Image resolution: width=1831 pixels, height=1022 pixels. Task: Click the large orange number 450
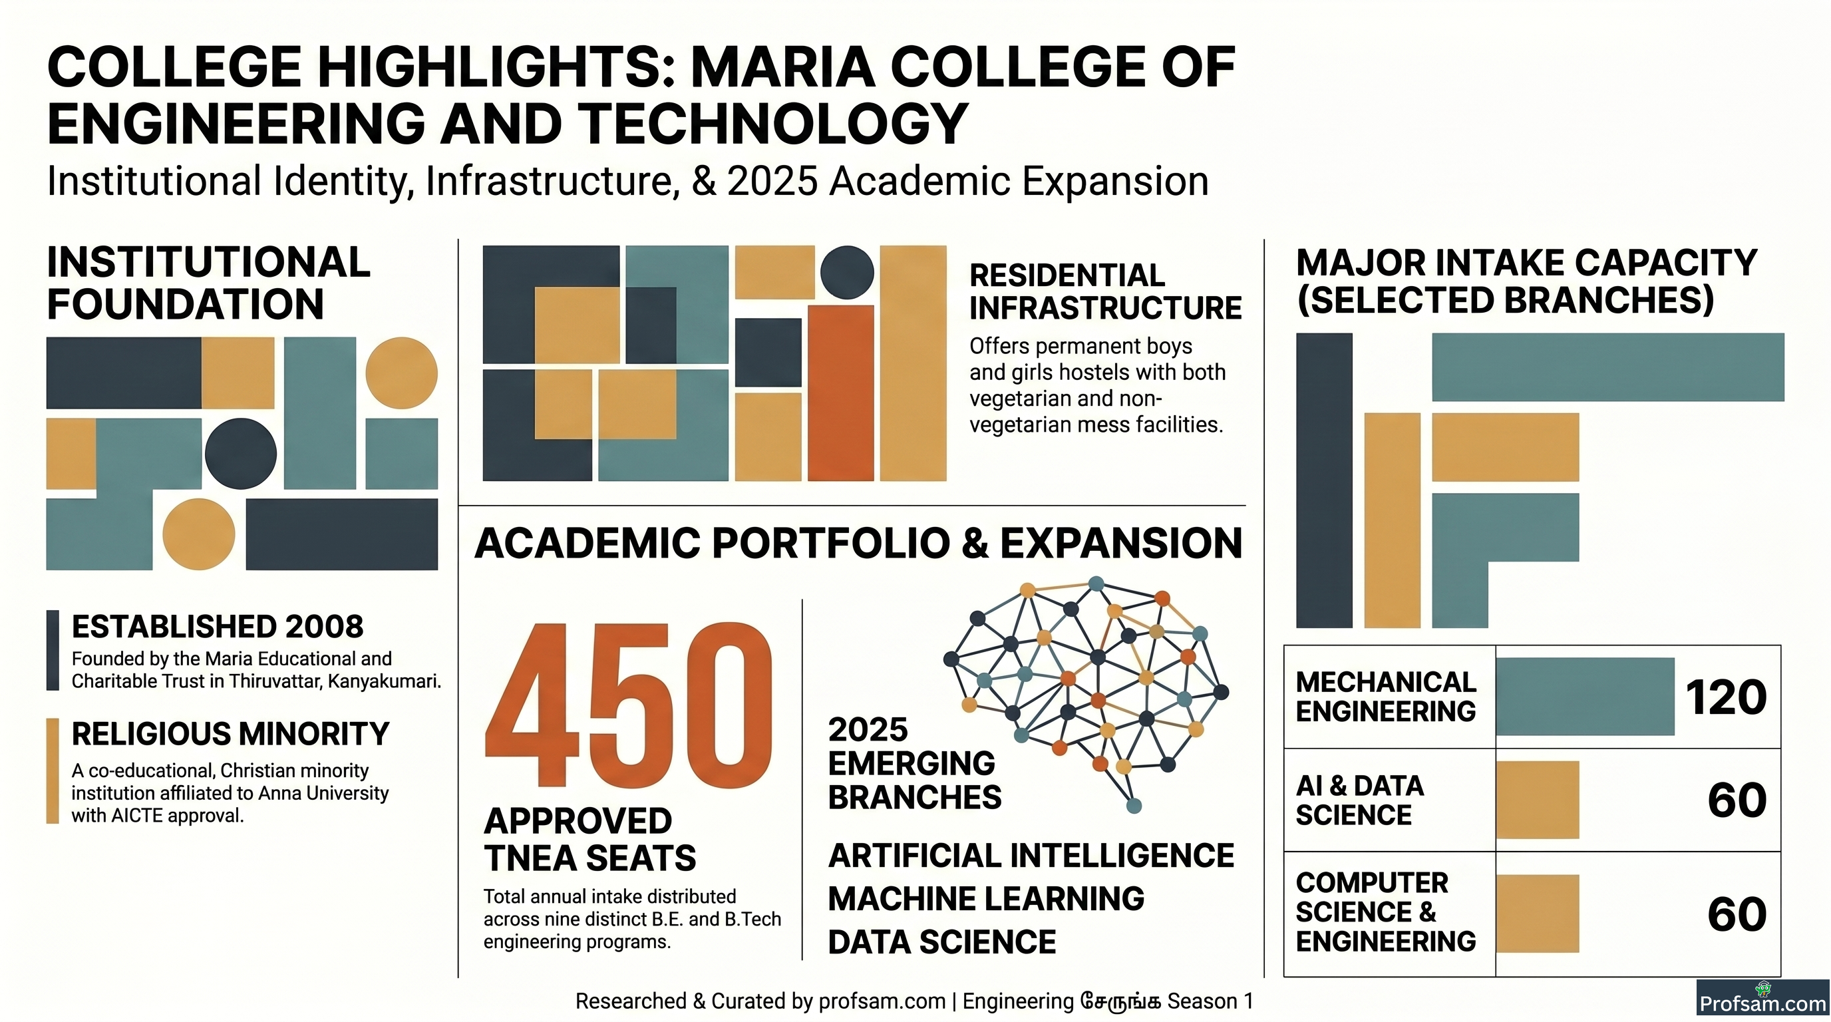628,705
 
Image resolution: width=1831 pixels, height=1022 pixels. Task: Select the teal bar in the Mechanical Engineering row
1585,697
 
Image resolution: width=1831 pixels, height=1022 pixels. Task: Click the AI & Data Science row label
1359,800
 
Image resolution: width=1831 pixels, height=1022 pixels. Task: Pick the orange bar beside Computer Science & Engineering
1538,914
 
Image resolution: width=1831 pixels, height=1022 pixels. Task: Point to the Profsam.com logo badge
1762,998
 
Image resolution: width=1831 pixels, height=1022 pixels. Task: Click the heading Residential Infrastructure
1105,291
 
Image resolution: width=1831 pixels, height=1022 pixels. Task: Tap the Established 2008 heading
218,627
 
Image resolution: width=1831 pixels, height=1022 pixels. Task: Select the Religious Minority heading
230,733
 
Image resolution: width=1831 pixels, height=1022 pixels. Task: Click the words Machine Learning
986,898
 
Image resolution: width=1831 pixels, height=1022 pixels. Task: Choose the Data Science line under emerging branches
942,941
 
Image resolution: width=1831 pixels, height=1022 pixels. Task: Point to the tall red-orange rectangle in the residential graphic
841,393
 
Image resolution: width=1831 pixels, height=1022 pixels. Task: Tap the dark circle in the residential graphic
847,272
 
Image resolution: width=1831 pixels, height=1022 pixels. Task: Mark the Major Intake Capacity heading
1526,281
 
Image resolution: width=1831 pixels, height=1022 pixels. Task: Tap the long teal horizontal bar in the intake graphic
1608,367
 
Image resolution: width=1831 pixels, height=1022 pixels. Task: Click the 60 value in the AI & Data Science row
1737,800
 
